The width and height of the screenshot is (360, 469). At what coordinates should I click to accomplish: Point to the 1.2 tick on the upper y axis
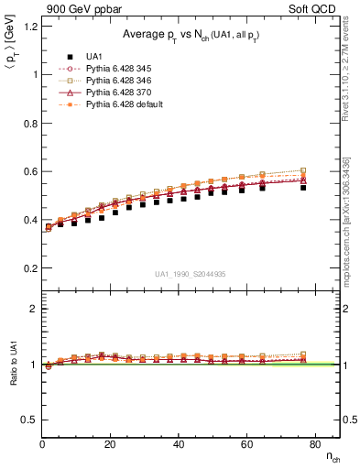(30, 25)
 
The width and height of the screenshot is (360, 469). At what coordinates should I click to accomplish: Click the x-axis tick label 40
(179, 444)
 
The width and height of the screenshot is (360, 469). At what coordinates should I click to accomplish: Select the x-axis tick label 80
(314, 444)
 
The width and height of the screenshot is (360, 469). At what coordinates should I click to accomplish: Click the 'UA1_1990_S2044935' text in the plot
(191, 274)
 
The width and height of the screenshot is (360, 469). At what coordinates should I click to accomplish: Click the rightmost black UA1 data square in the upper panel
(303, 187)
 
